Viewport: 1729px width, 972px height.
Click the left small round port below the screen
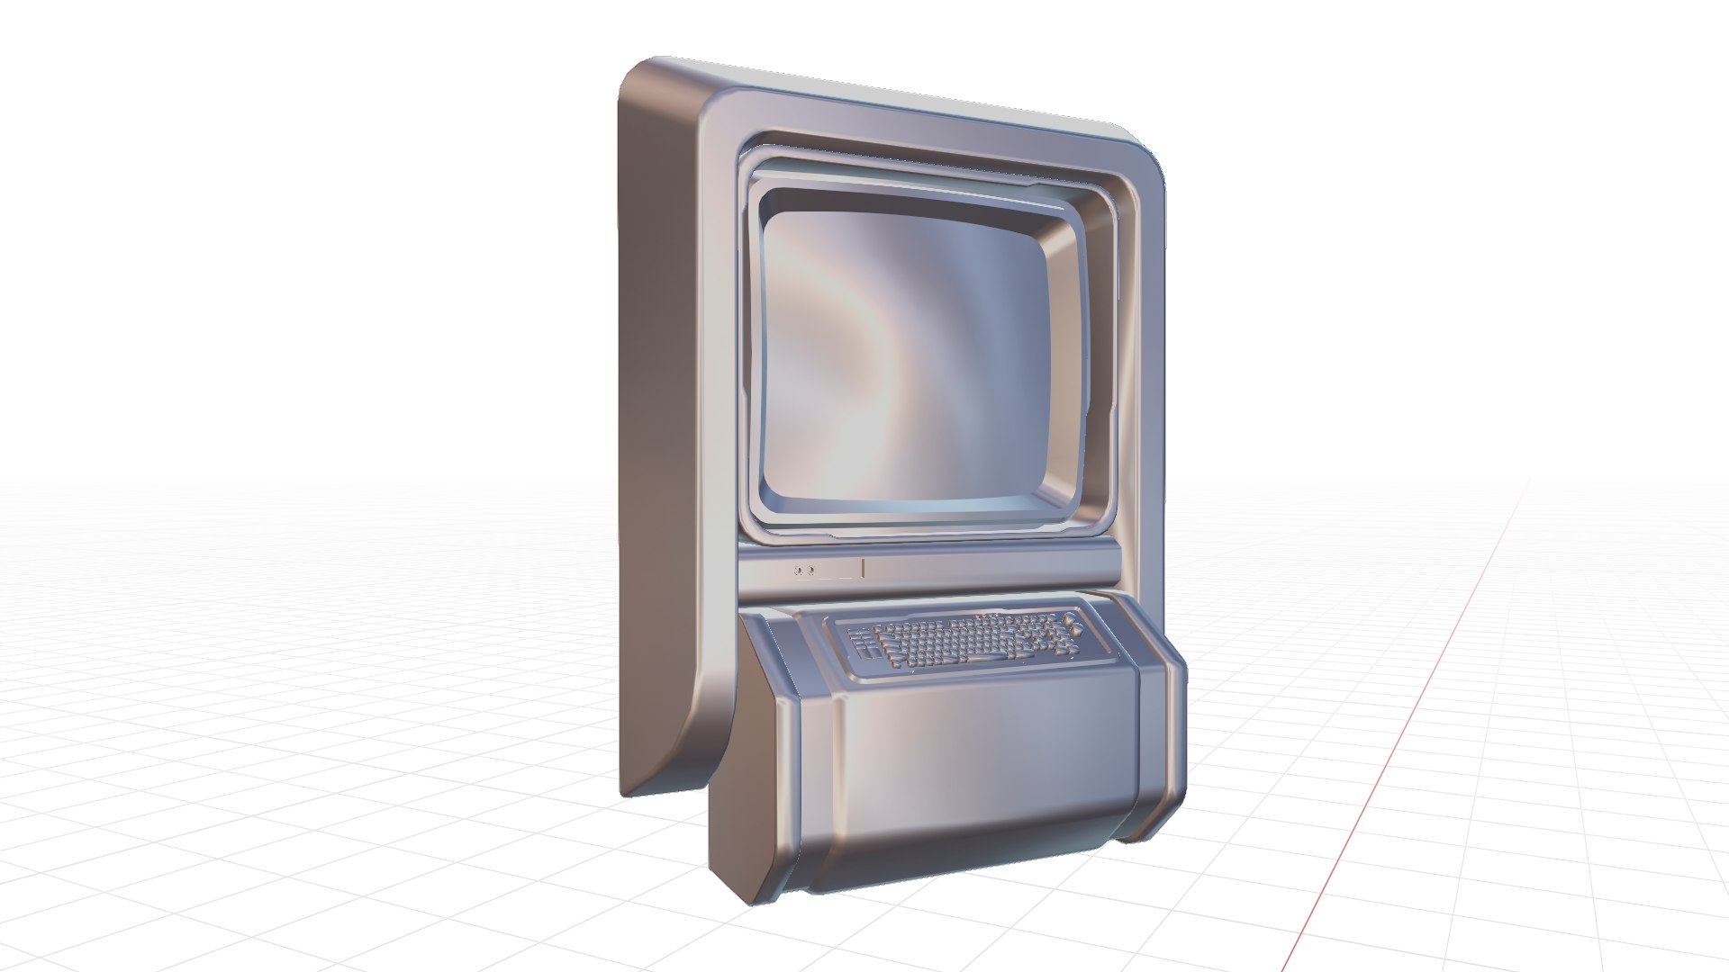[x=798, y=570]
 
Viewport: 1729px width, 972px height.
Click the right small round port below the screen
[x=810, y=570]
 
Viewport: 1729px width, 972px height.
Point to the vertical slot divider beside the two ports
[x=863, y=568]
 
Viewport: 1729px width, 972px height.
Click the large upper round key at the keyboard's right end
[x=1069, y=620]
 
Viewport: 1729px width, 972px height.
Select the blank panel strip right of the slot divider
[x=982, y=567]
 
